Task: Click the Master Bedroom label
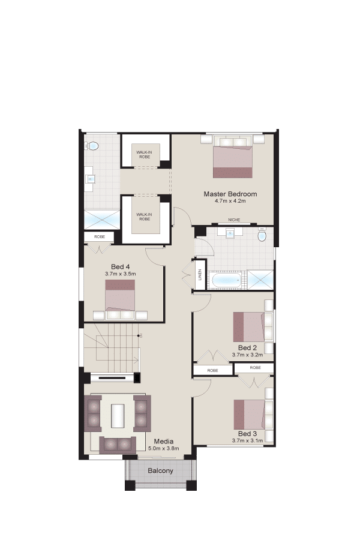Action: (230, 194)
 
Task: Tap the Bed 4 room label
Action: (120, 266)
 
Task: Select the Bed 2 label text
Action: (247, 348)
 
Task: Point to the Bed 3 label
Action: (247, 434)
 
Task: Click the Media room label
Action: (164, 441)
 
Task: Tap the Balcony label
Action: (161, 470)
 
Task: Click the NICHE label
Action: (234, 220)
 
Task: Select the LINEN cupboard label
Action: (200, 274)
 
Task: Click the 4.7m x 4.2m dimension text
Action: (230, 201)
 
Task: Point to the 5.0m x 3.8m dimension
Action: (164, 448)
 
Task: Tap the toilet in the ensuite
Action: (92, 146)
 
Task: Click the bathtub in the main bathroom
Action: (226, 280)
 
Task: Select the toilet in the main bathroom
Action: (263, 235)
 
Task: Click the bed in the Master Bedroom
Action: (233, 157)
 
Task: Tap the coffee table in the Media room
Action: (118, 416)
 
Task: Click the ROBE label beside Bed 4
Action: (100, 237)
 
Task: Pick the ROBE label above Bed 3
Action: (255, 368)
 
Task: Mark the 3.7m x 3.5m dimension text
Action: (120, 274)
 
